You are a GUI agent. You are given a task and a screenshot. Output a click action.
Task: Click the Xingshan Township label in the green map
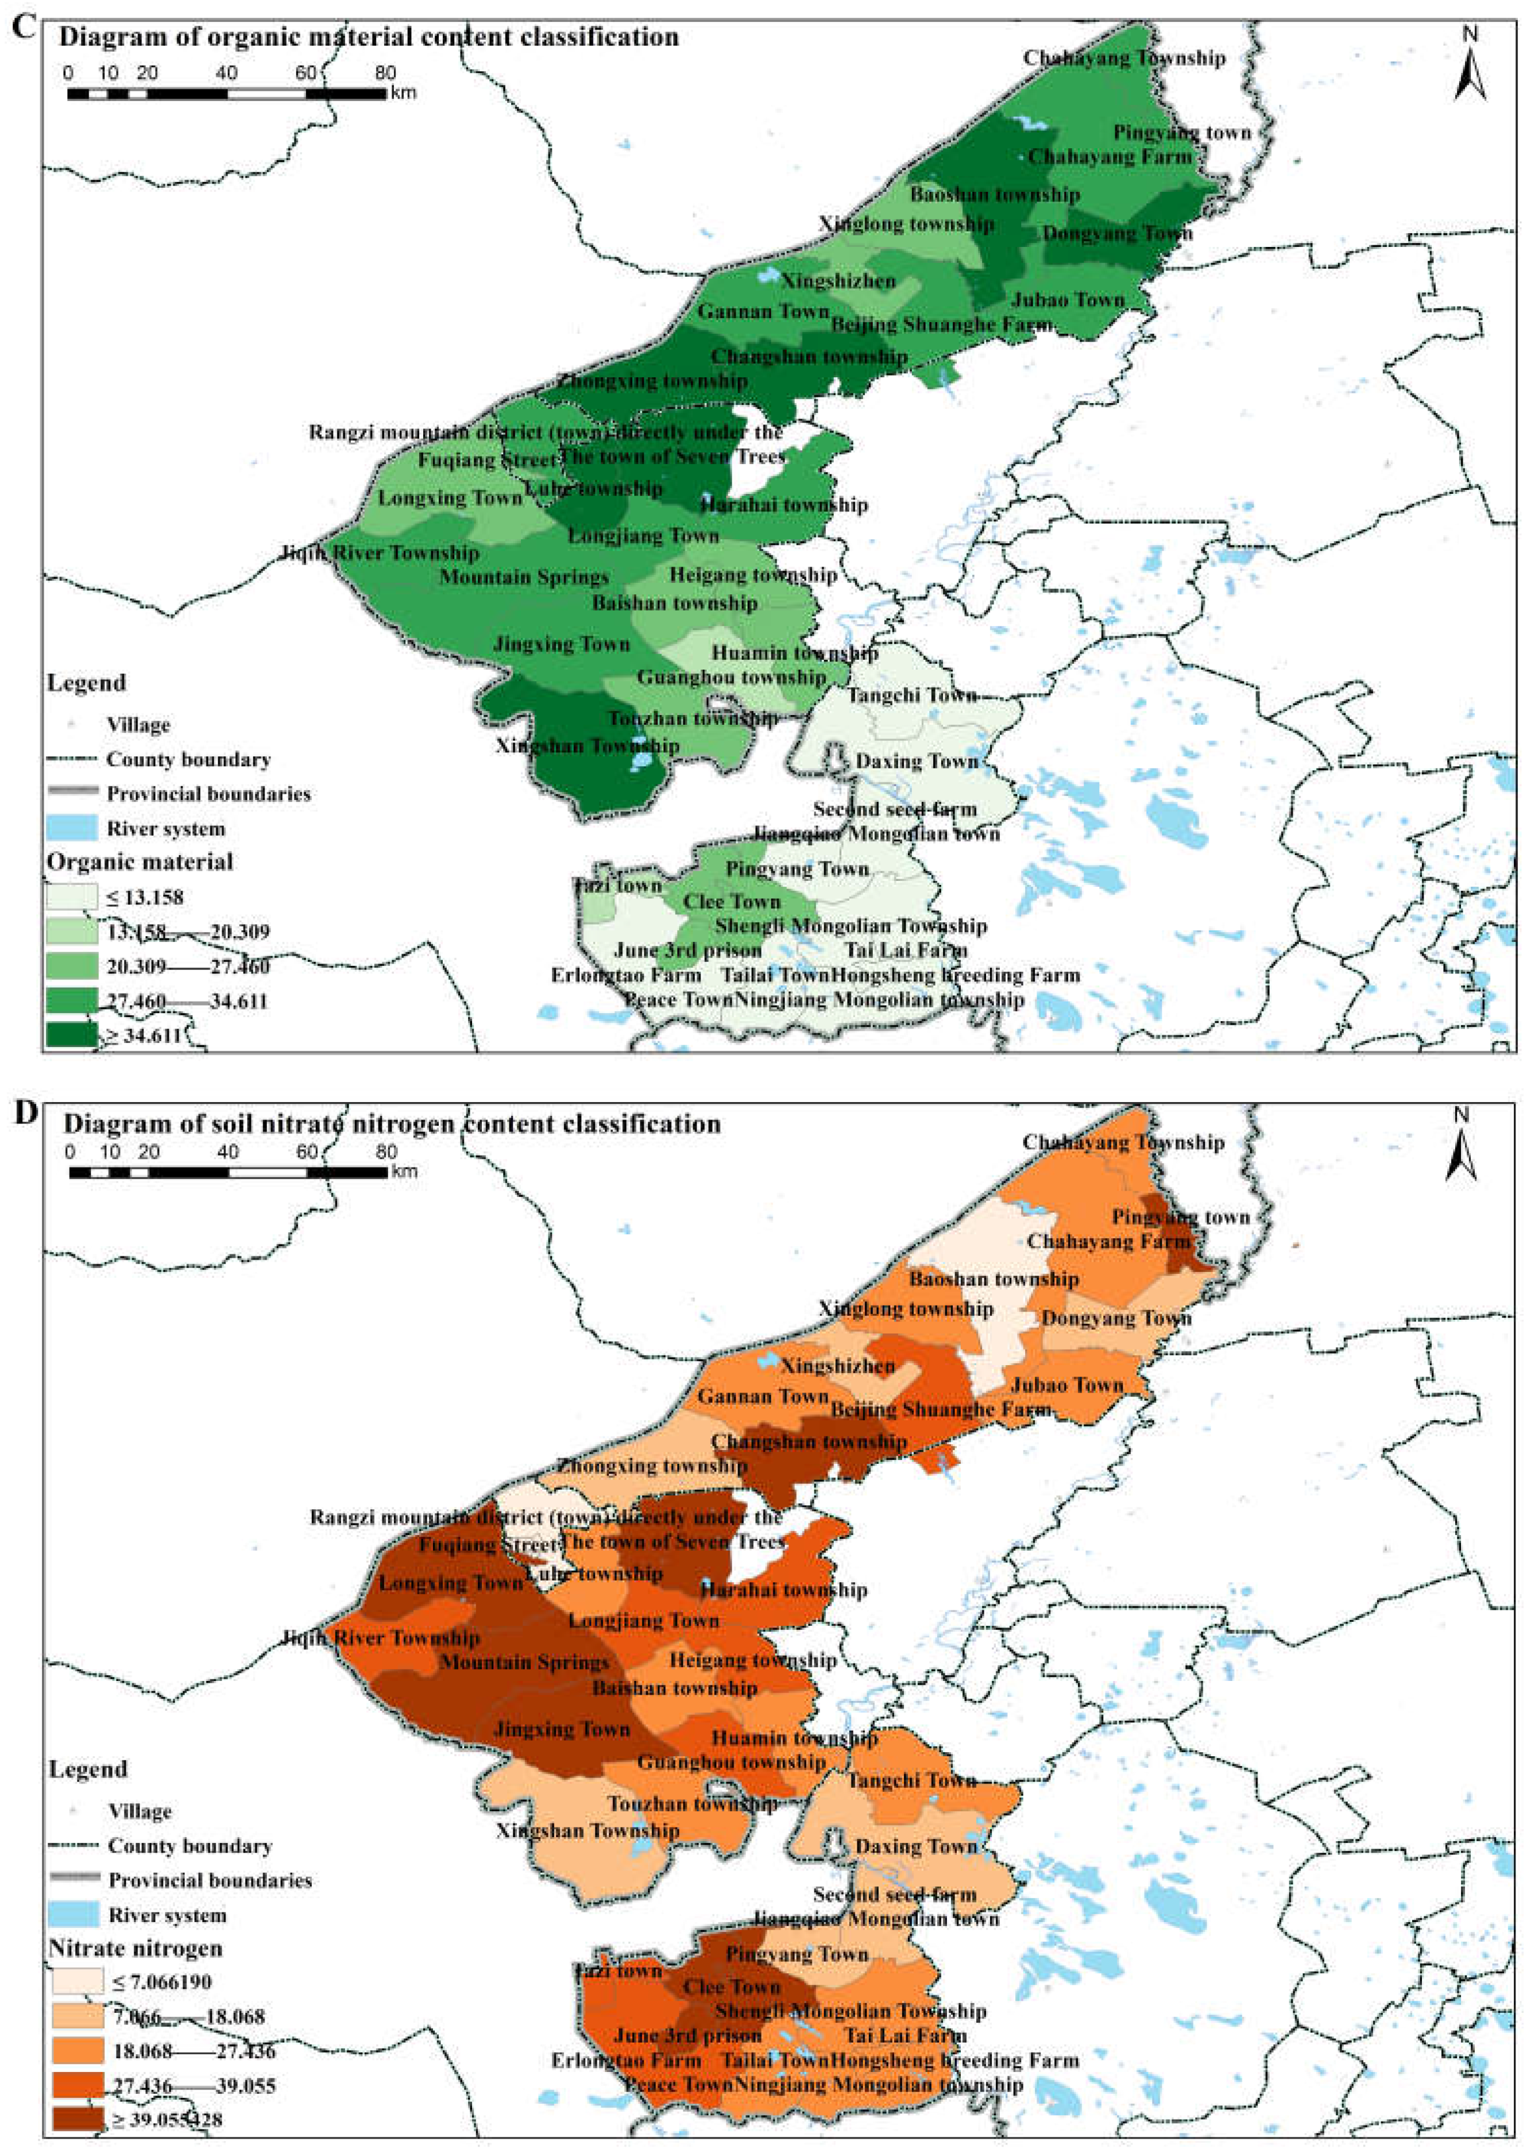coord(587,745)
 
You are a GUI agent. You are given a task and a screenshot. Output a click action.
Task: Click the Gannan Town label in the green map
coord(763,311)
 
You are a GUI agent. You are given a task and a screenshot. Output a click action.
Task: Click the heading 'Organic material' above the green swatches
coord(140,861)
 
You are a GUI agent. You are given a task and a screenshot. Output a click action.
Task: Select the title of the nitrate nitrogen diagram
coord(392,1123)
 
